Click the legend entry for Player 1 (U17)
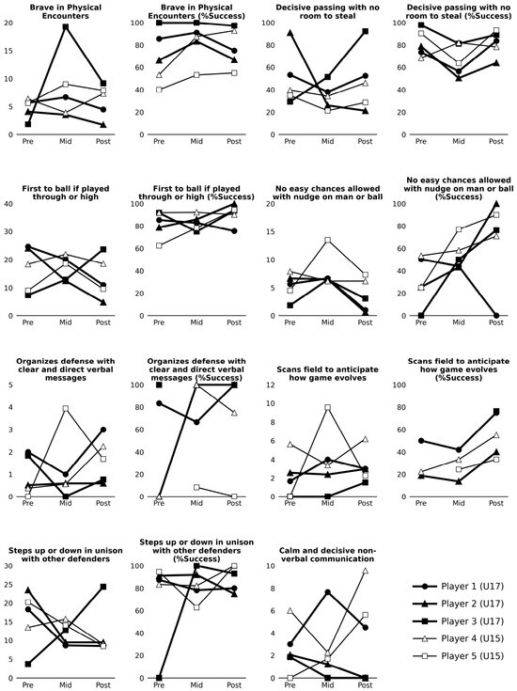click(x=458, y=587)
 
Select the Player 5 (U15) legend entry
click(x=458, y=656)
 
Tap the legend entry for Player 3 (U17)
click(x=458, y=621)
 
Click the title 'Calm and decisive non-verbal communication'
click(x=327, y=555)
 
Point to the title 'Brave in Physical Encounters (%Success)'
click(x=196, y=11)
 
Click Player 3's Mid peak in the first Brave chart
click(x=65, y=27)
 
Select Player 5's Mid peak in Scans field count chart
click(x=327, y=408)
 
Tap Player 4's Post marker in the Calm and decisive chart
click(x=365, y=571)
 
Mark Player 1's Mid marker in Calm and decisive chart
click(x=327, y=592)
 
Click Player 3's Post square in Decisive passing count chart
click(x=365, y=32)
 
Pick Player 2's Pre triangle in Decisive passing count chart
click(x=290, y=33)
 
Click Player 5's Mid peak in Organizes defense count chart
click(x=65, y=409)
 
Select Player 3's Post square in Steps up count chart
click(x=103, y=587)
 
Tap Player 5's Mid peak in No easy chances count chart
click(x=327, y=240)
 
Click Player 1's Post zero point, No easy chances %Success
click(x=496, y=316)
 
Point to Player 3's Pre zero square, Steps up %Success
click(x=159, y=678)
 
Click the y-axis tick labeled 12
click(x=271, y=385)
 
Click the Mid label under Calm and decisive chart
click(x=327, y=684)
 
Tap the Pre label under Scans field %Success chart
click(x=421, y=503)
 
